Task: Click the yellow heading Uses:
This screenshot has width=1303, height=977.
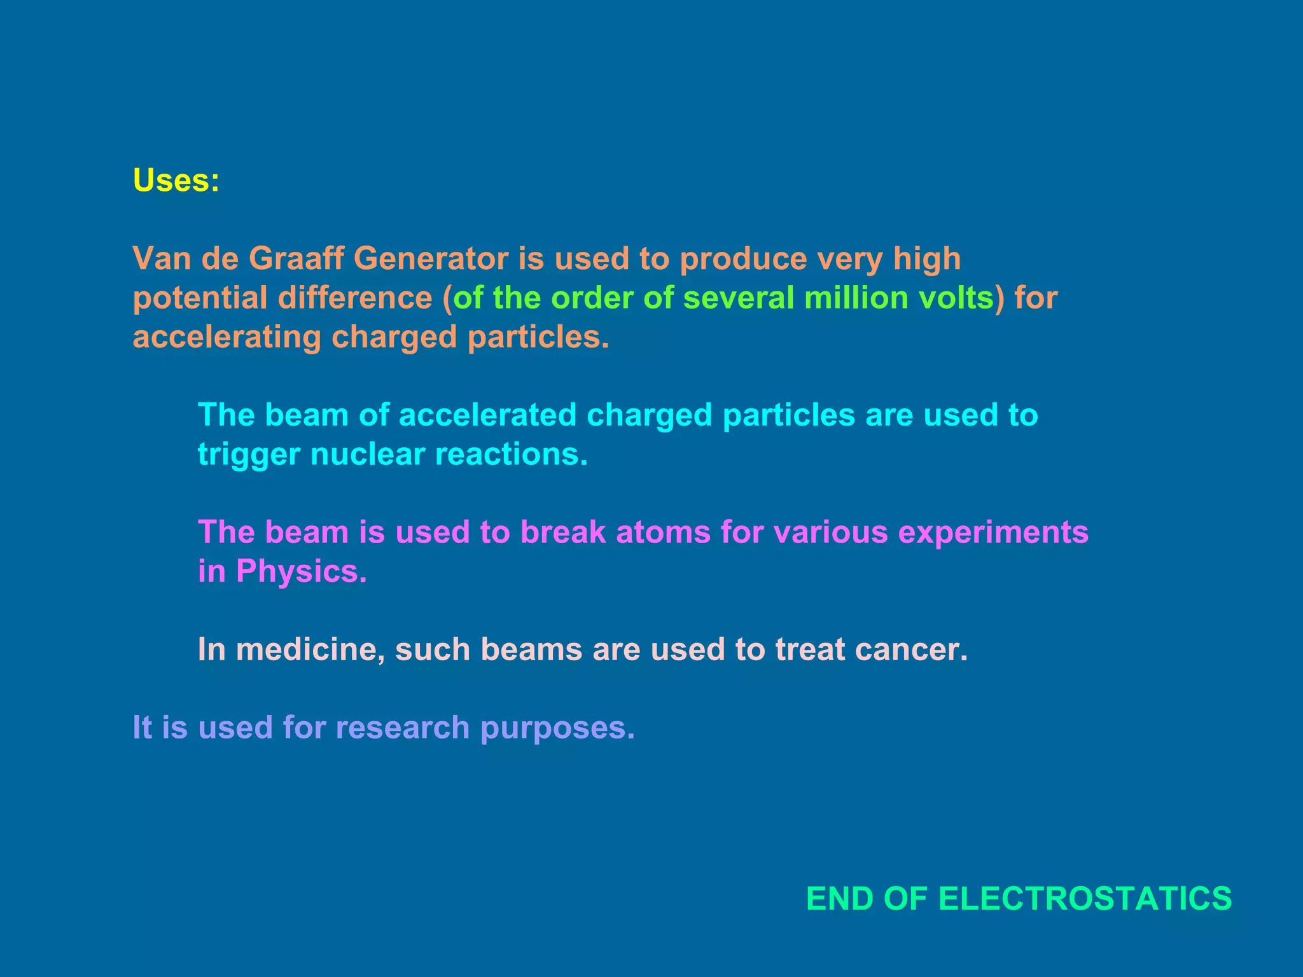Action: [x=176, y=181]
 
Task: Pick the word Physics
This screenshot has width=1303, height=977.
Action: [x=301, y=572]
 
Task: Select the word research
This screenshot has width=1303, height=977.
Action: [x=402, y=728]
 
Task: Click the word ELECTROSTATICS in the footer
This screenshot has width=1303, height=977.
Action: [x=1085, y=899]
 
